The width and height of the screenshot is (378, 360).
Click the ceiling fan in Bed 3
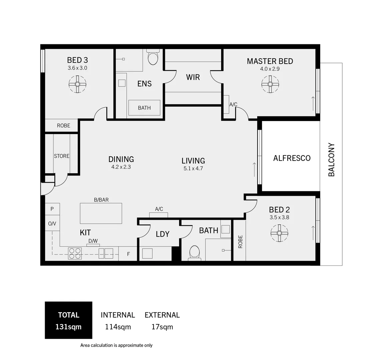coord(77,84)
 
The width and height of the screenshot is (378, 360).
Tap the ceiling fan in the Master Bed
coord(270,84)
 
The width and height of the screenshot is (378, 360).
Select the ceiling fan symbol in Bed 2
coord(279,233)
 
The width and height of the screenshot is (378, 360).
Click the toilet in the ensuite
coord(153,58)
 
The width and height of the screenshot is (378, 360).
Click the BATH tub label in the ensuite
coord(144,108)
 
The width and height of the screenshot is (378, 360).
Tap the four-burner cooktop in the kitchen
coord(75,253)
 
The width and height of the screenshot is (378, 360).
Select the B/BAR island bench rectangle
coord(101,213)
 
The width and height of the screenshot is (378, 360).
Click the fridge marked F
coord(128,254)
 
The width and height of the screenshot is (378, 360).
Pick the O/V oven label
coord(52,224)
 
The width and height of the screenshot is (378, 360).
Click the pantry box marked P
coord(52,209)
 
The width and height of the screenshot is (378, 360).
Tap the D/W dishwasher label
coord(93,241)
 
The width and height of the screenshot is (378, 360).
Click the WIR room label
coord(193,77)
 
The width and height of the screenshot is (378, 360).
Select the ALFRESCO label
coord(292,158)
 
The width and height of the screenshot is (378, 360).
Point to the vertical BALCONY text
coord(331,160)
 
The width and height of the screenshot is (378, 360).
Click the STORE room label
coord(62,156)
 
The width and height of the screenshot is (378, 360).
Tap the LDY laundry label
coord(163,234)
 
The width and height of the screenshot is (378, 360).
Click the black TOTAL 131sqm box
coord(68,320)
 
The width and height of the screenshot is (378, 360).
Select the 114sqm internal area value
coord(118,327)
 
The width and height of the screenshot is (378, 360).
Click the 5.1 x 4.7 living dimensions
coord(193,169)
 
